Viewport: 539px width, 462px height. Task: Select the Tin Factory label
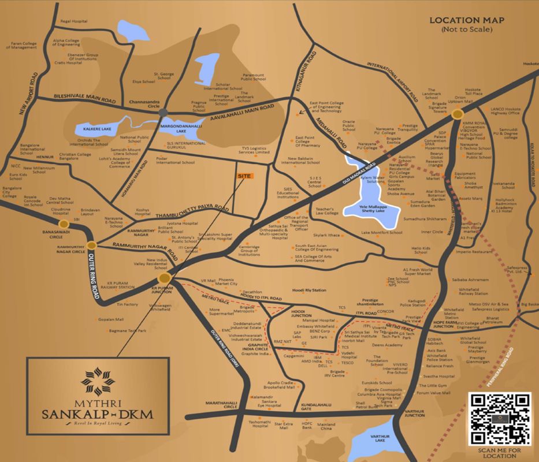click(127, 304)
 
